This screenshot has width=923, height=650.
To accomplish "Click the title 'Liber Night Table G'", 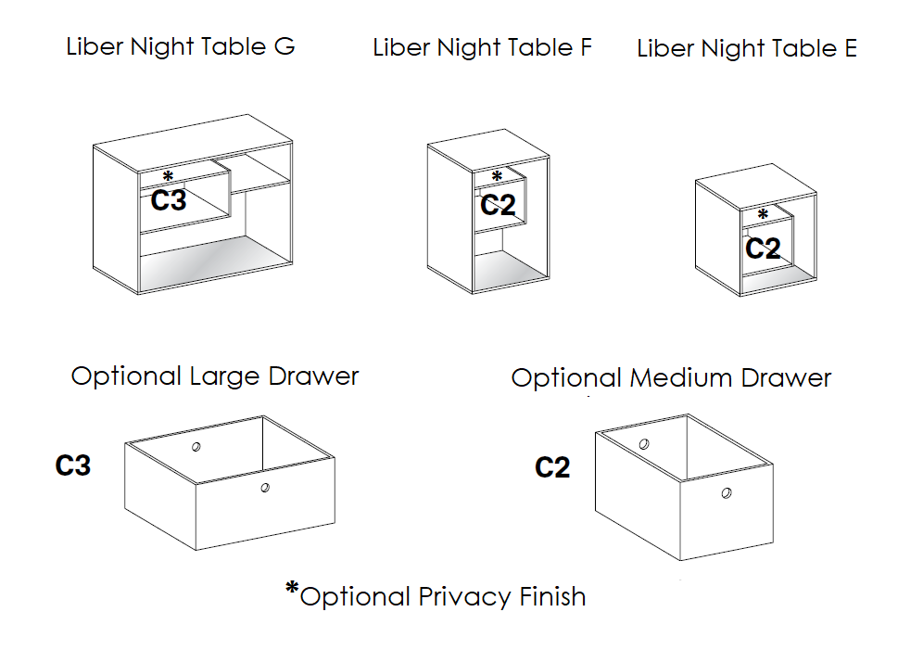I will tap(181, 46).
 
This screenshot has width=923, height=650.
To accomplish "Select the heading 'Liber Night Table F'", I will tap(482, 47).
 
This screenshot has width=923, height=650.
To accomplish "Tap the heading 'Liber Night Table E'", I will tap(746, 49).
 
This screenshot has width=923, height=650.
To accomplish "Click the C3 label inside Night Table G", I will tap(169, 199).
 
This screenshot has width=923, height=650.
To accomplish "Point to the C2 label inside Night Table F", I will tap(498, 204).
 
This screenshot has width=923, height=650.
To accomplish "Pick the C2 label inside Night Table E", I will tap(763, 248).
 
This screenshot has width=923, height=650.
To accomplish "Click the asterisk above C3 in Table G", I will tap(168, 176).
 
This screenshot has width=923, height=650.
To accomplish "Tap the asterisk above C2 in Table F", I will tap(497, 176).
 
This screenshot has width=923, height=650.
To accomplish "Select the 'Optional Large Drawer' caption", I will tap(215, 376).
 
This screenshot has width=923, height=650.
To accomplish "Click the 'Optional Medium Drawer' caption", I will tap(671, 378).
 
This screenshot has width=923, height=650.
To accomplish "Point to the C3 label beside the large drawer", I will tap(73, 465).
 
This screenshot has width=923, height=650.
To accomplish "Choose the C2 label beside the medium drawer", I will tap(552, 467).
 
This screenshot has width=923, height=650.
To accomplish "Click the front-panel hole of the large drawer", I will tap(265, 487).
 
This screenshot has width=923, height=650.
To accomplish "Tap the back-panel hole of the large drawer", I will tap(196, 447).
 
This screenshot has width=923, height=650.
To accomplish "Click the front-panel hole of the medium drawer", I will tap(727, 493).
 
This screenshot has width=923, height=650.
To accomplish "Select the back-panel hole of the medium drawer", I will tap(643, 444).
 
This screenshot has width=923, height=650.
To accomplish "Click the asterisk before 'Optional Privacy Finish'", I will tap(293, 589).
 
